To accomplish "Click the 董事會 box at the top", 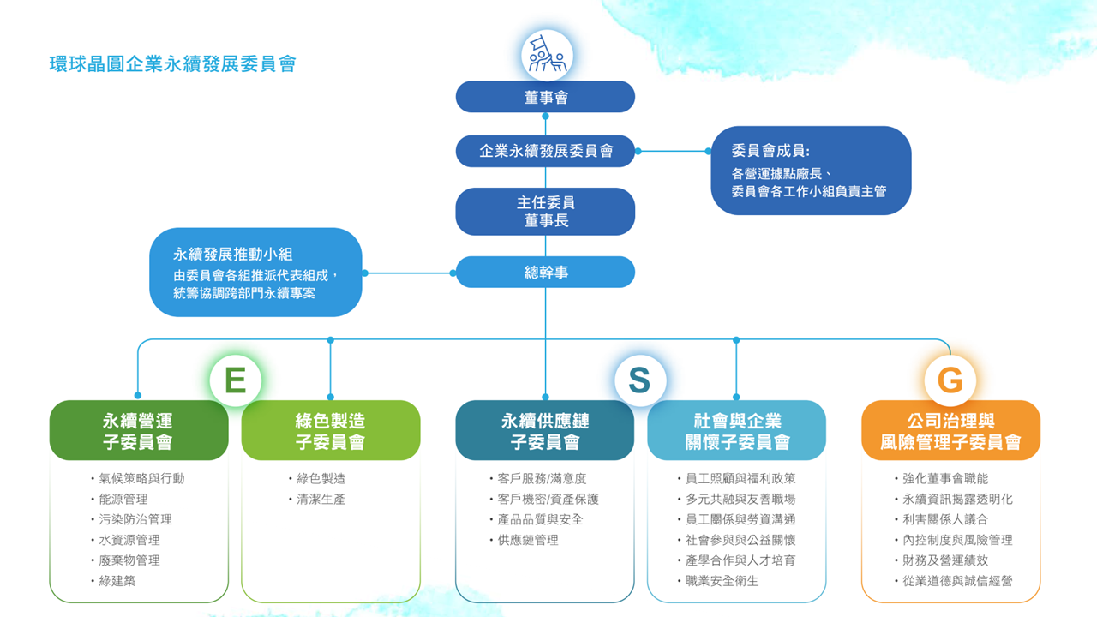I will pyautogui.click(x=545, y=97).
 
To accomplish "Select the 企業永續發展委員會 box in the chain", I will pyautogui.click(x=545, y=152).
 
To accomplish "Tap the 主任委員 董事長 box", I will pyautogui.click(x=545, y=212).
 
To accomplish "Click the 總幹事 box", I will pyautogui.click(x=545, y=273).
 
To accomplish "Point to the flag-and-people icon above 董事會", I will pyautogui.click(x=547, y=55).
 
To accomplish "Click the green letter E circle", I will pyautogui.click(x=235, y=380).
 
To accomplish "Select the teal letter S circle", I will pyautogui.click(x=639, y=380).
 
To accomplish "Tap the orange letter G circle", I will pyautogui.click(x=950, y=380).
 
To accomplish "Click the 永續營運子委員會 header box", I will pyautogui.click(x=139, y=431).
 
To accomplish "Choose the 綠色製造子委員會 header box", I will pyautogui.click(x=331, y=431).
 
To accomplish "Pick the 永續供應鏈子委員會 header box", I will pyautogui.click(x=545, y=431).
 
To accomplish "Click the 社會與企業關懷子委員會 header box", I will pyautogui.click(x=737, y=431).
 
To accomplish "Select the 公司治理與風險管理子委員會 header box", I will pyautogui.click(x=950, y=431).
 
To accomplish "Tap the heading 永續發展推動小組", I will pyautogui.click(x=233, y=254).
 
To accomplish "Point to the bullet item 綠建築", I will pyautogui.click(x=117, y=581).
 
